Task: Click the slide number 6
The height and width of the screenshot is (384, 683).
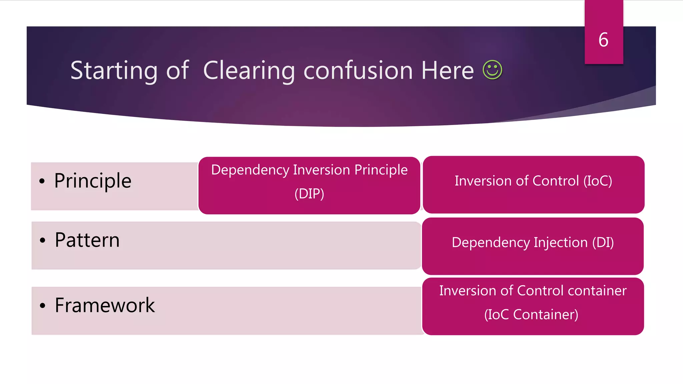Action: [x=603, y=40]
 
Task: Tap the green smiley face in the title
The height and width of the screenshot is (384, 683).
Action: [x=492, y=70]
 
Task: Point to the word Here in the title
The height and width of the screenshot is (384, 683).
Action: [x=447, y=71]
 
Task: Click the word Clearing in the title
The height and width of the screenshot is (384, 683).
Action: [x=249, y=71]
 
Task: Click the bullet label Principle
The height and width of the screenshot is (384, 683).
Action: [x=93, y=181]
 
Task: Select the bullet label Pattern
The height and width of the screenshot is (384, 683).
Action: [x=87, y=240]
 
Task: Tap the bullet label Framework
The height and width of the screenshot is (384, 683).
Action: [x=105, y=305]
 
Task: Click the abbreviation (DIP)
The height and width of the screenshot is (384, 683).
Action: [x=309, y=194]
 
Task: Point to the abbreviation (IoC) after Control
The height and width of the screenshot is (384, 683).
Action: [x=598, y=181]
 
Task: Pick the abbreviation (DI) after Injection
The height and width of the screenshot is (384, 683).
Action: [x=603, y=242]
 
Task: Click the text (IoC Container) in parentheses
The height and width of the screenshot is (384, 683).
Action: [x=531, y=314]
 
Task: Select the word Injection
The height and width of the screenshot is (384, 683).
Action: [x=561, y=242]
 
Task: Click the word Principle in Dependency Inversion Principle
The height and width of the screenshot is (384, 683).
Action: [x=381, y=170]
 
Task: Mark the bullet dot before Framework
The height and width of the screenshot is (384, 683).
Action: [x=42, y=305]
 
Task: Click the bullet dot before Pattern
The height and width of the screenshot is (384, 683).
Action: [x=42, y=240]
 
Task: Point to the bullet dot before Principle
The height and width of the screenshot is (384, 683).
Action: [x=42, y=181]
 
